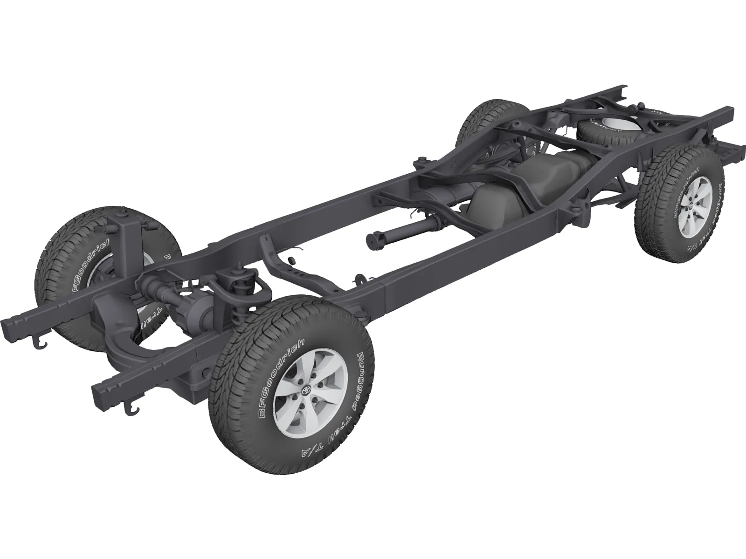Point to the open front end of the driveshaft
pos(373,240)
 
